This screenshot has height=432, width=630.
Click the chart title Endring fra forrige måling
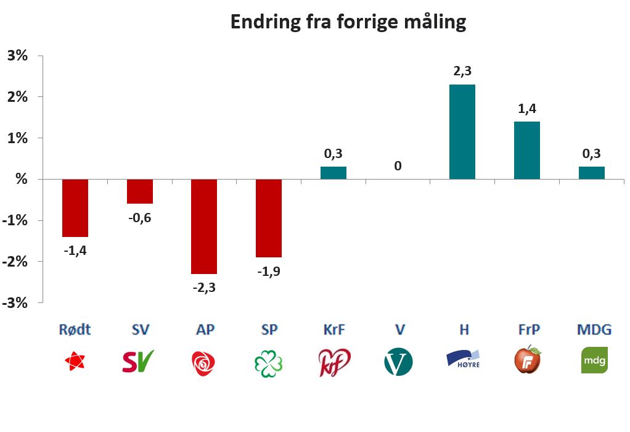(348, 22)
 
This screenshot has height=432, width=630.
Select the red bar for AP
(204, 226)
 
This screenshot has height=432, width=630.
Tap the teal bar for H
(462, 131)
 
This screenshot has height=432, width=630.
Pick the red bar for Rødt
(75, 208)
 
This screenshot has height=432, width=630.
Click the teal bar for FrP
(526, 150)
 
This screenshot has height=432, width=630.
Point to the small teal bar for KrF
(333, 173)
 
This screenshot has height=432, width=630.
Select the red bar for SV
(140, 191)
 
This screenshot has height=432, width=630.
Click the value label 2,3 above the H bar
(462, 71)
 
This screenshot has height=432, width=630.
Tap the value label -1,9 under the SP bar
(269, 272)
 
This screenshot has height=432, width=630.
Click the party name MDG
(594, 330)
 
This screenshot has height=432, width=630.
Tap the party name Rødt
(75, 330)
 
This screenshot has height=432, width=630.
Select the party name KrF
(333, 330)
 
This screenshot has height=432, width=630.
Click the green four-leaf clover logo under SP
(268, 362)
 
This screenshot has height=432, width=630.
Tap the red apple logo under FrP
(528, 360)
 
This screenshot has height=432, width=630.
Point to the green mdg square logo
(594, 360)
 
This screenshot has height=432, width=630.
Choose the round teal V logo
(398, 362)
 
